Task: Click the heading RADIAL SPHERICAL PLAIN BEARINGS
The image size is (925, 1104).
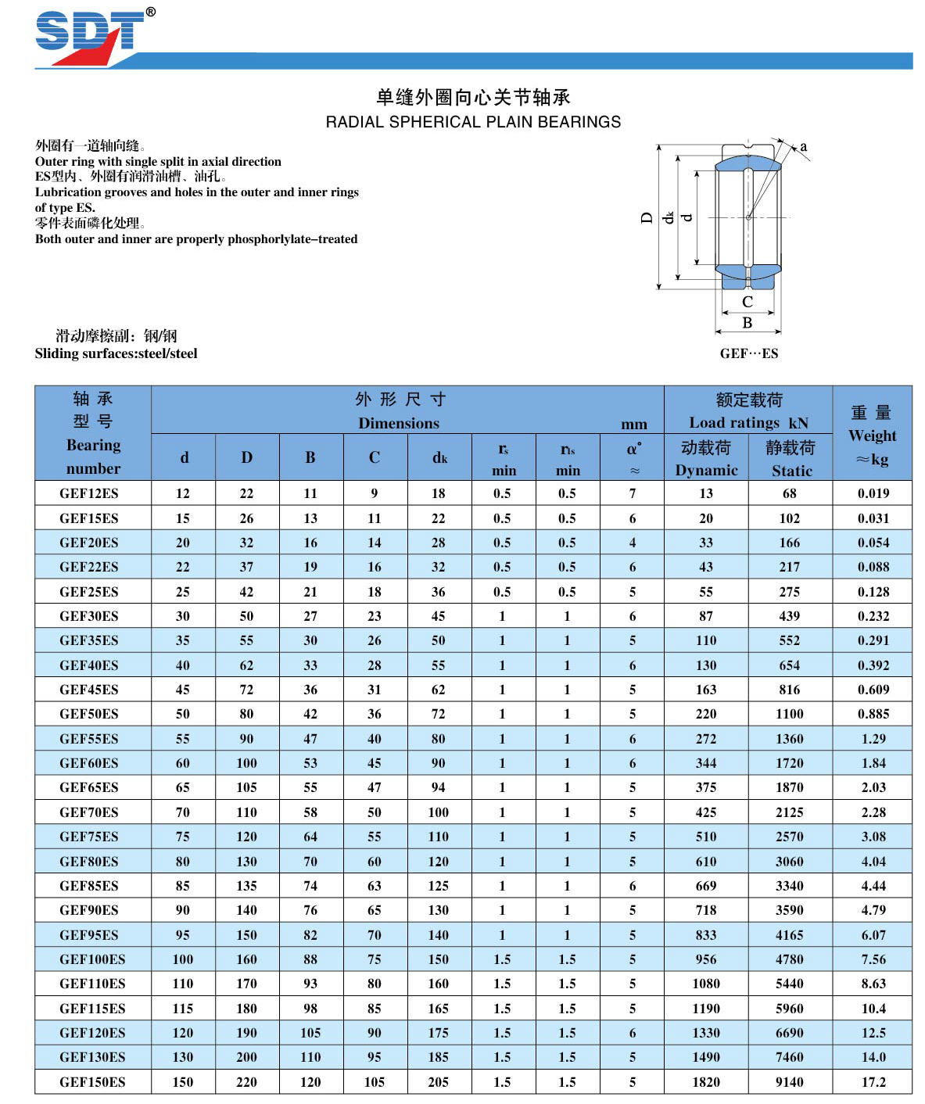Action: click(x=473, y=122)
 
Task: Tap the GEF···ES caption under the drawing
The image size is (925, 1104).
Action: click(x=748, y=353)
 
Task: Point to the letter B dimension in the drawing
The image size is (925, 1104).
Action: click(x=748, y=322)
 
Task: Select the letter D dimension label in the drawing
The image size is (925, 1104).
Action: click(x=647, y=218)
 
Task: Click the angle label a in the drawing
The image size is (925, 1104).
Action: click(x=803, y=146)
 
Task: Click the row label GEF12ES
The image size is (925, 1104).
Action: click(x=89, y=493)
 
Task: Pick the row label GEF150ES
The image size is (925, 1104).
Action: click(x=92, y=1082)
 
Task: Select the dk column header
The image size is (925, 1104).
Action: click(x=439, y=457)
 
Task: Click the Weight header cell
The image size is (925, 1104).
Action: click(x=872, y=436)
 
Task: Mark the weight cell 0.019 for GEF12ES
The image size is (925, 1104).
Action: click(x=873, y=493)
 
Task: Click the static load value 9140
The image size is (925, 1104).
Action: click(x=790, y=1082)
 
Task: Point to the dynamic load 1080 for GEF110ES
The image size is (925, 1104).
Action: click(x=706, y=984)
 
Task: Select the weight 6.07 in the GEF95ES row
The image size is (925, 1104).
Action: click(x=873, y=935)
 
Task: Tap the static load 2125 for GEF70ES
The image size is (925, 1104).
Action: click(x=790, y=812)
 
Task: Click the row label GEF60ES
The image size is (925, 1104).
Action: click(x=89, y=763)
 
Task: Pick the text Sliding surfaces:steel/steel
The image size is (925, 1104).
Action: click(x=116, y=353)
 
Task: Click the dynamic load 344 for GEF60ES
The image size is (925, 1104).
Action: click(x=706, y=763)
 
